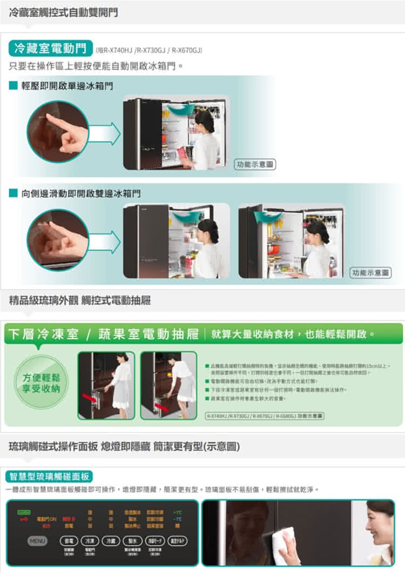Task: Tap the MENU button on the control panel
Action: click(37, 541)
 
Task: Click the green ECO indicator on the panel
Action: click(23, 511)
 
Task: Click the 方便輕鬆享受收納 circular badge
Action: click(41, 381)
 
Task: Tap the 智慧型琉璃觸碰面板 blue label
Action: click(49, 476)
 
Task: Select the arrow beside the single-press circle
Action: click(104, 133)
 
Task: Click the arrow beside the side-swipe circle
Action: click(104, 241)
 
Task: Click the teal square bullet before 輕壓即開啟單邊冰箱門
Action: click(13, 85)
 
